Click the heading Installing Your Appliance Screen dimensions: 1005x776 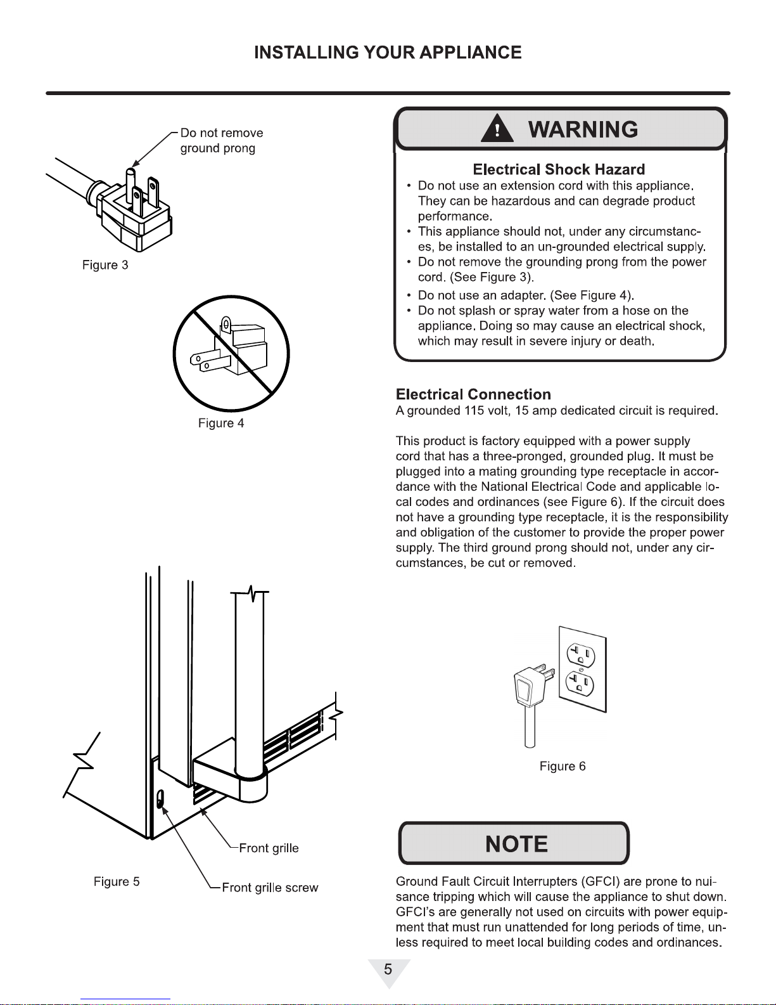coord(388,53)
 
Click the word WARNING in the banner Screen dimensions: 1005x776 coord(583,129)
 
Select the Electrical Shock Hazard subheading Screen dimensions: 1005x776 coord(559,169)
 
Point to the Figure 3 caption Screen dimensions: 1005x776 coord(105,265)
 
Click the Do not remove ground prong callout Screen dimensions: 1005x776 coord(221,140)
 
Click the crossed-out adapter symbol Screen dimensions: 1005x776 coord(231,353)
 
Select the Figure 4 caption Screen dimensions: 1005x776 coord(221,423)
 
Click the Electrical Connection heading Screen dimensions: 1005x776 coord(473,394)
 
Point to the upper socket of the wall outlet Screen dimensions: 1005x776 coord(580,654)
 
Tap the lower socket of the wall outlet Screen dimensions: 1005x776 coord(580,684)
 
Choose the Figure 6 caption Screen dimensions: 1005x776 coord(563,766)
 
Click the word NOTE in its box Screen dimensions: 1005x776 coord(516,844)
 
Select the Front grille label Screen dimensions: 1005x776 coord(269,848)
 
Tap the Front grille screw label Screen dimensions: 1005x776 coord(270,888)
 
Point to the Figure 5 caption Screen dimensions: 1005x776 coord(117,881)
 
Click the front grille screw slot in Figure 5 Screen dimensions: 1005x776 coord(160,800)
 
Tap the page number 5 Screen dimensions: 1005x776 coord(388,969)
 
